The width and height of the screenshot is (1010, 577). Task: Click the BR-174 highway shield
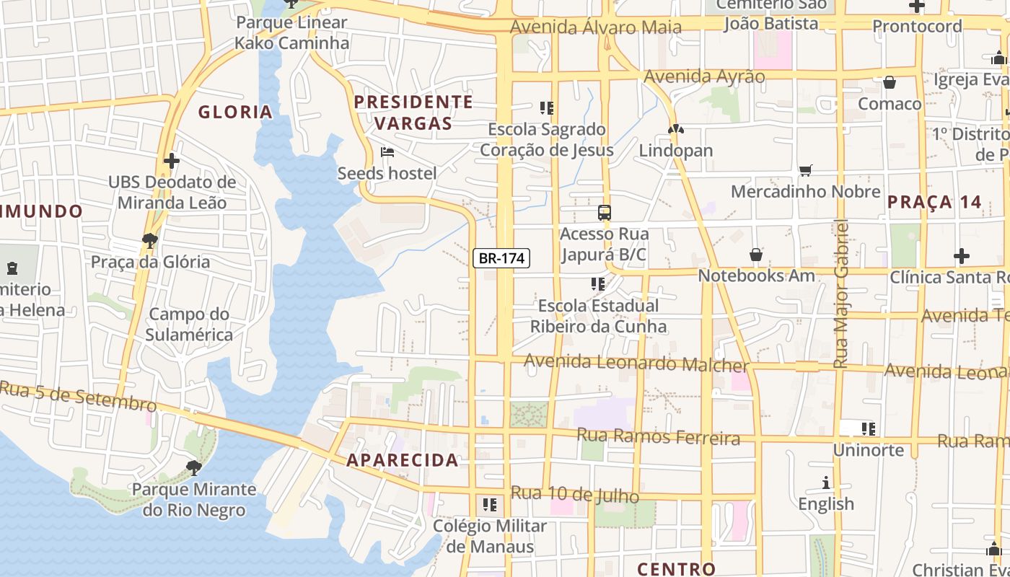point(501,258)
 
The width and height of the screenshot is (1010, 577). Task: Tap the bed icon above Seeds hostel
point(387,152)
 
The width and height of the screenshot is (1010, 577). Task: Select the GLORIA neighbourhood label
point(235,112)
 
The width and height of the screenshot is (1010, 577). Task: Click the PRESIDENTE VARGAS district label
point(413,112)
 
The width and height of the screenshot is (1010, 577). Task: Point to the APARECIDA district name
point(403,460)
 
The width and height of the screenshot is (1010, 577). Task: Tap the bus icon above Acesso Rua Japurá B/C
point(605,212)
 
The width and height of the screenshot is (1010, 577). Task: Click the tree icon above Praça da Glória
point(150,240)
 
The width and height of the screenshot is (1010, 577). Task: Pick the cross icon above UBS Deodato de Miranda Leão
point(171,160)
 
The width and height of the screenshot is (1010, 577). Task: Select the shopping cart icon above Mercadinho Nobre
point(806,170)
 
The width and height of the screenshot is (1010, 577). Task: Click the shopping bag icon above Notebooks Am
point(755,255)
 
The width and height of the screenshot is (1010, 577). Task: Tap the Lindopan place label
point(676,151)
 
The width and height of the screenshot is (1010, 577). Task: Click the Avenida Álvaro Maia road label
point(596,27)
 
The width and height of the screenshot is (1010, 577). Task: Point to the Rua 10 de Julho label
point(575,495)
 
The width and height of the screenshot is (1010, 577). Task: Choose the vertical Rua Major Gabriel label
point(840,294)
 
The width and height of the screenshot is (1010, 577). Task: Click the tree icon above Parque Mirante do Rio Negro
point(193,467)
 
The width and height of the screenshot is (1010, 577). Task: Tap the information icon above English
point(826,483)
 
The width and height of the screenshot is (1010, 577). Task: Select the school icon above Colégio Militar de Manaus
point(490,505)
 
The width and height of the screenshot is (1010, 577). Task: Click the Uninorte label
point(869,450)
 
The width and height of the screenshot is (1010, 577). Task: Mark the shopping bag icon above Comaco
point(890,82)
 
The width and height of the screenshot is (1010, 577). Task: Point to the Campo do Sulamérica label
point(189,325)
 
